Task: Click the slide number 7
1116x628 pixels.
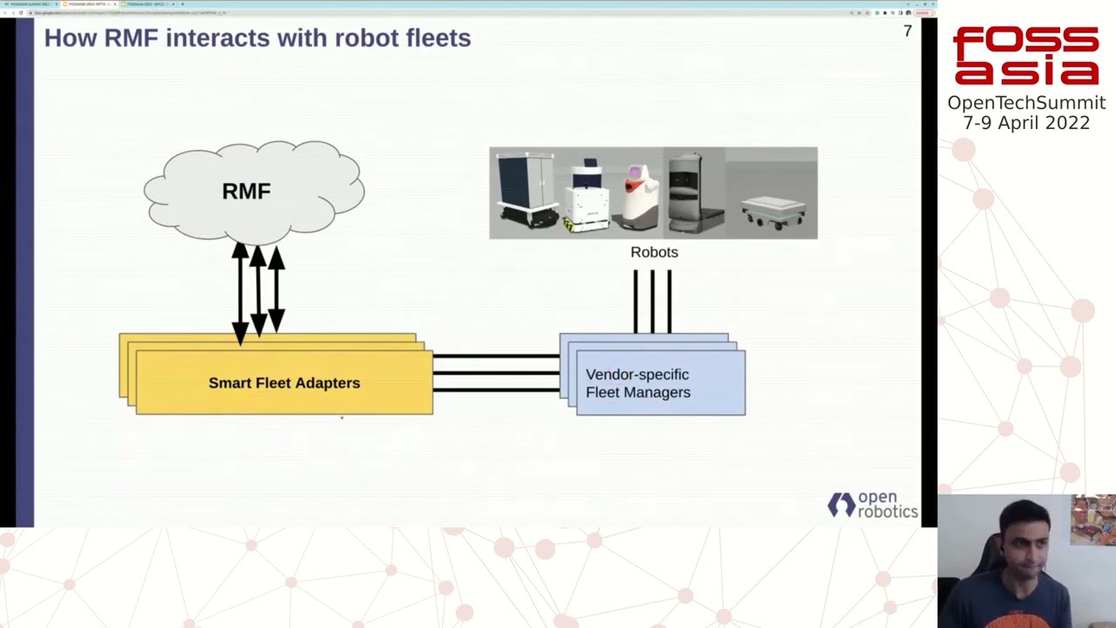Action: (908, 31)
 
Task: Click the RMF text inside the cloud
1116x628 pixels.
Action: (246, 191)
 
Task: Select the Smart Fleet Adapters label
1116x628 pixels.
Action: (283, 383)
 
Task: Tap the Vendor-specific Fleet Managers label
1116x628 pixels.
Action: (637, 384)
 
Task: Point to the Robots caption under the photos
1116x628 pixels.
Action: (654, 252)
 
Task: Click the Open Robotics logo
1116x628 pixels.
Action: (872, 505)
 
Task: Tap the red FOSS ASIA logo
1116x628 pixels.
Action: (1025, 56)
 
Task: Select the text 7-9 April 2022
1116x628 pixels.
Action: (1026, 123)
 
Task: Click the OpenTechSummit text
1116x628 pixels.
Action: (1026, 103)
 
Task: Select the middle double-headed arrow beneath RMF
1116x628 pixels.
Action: (258, 290)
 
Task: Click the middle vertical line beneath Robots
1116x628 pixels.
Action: (652, 301)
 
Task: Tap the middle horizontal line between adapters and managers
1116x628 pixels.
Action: (495, 372)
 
